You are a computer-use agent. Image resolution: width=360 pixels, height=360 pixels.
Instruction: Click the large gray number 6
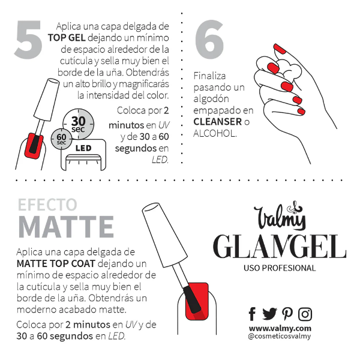209,41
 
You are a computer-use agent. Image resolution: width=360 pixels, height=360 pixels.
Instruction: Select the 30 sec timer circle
78,123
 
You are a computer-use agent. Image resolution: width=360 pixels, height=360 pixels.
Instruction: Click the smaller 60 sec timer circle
61,138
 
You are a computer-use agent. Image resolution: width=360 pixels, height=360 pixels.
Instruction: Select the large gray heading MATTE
65,227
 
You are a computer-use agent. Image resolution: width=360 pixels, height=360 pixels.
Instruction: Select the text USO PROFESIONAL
280,268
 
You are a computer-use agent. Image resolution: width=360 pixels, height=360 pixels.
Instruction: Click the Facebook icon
252,314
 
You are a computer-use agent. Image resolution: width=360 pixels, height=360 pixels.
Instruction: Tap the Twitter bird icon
269,314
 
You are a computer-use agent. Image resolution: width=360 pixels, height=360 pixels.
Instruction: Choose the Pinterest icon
287,314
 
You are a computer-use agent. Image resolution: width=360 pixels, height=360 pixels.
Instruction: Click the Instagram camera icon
305,314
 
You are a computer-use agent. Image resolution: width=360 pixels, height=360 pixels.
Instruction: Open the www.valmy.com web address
280,328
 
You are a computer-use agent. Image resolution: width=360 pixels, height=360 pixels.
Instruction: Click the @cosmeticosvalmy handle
280,337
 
